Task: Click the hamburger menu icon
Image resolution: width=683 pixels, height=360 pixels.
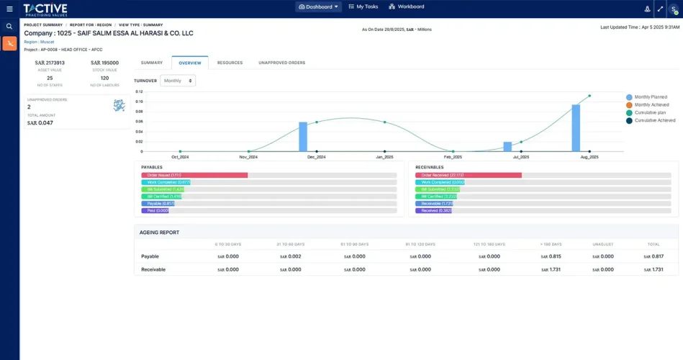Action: (x=9, y=9)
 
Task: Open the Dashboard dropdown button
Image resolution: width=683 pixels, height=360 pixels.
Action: (x=318, y=6)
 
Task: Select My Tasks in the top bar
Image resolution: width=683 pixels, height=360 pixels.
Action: (x=362, y=6)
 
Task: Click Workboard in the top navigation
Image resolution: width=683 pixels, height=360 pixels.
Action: (x=406, y=6)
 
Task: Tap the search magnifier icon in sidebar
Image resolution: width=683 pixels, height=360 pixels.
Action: (x=9, y=27)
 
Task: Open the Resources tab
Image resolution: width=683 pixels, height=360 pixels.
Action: (x=230, y=63)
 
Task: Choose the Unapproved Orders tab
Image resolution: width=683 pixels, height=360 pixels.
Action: (x=281, y=63)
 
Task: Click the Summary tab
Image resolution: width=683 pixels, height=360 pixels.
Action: (x=151, y=63)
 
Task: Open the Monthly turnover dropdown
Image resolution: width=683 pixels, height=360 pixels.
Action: (x=178, y=81)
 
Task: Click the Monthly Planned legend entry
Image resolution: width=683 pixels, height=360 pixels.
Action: (x=650, y=96)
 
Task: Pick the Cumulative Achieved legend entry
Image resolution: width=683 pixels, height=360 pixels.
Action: (x=654, y=120)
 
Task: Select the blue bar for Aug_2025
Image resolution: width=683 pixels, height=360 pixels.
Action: (x=576, y=127)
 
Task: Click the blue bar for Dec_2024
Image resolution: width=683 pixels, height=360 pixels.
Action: (x=303, y=136)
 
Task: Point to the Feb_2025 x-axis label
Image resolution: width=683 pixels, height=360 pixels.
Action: (x=453, y=156)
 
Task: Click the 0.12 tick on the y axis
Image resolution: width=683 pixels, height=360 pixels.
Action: (x=139, y=91)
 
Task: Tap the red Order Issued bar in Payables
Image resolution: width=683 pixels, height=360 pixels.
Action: (x=194, y=175)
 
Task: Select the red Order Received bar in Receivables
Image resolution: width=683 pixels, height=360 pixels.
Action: (x=468, y=175)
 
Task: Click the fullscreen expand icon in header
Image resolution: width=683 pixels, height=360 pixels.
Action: (x=660, y=9)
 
